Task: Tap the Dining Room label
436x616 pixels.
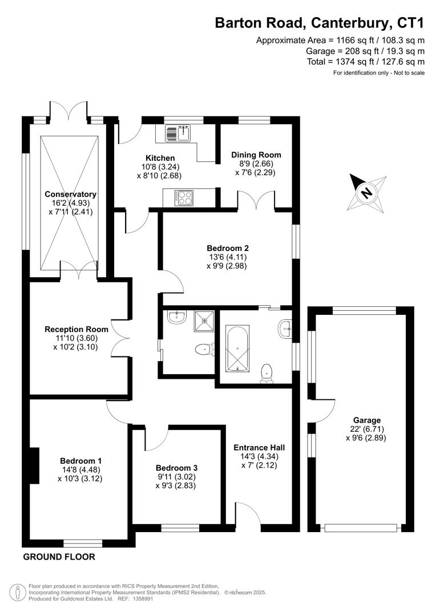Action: [256, 155]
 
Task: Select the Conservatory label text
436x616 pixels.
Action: [71, 194]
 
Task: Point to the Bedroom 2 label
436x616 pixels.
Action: [227, 248]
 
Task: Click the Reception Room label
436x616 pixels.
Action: [76, 329]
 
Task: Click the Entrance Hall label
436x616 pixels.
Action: [259, 447]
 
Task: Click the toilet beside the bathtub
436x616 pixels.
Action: [266, 372]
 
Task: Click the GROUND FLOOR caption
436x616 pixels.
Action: [59, 557]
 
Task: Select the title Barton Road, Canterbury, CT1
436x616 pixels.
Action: [320, 23]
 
